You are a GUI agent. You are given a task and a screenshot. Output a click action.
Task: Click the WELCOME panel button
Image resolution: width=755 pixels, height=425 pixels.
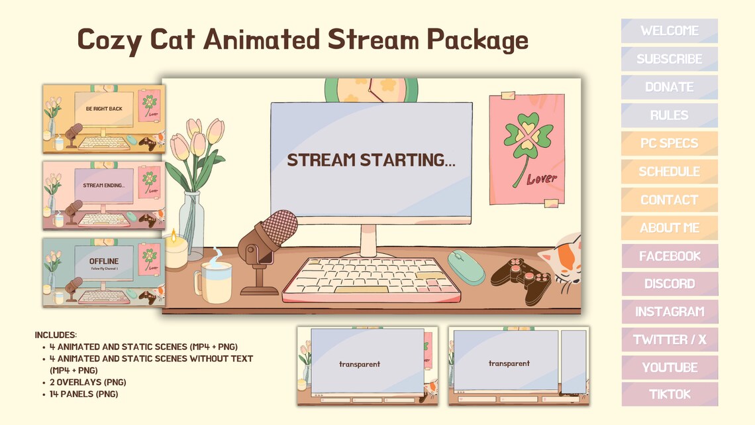tap(669, 31)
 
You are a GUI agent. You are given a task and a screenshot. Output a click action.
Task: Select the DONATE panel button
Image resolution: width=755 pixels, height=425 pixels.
tap(669, 87)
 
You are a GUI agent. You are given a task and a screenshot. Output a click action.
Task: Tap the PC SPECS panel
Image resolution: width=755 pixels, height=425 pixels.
tap(669, 143)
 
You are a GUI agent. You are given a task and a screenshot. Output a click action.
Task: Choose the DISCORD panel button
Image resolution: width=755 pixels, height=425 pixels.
tap(669, 284)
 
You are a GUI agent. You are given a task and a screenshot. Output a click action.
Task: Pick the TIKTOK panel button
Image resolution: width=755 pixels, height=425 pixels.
tap(669, 395)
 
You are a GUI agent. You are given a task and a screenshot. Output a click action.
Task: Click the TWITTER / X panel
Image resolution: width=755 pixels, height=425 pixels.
tap(669, 340)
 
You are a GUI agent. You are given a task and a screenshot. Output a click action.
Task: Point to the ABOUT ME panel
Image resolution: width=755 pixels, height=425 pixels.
tap(669, 228)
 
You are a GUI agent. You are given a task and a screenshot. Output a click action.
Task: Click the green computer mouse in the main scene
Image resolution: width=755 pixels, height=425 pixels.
tap(466, 267)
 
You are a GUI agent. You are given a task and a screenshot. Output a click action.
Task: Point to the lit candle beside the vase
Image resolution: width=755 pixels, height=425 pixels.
tap(176, 250)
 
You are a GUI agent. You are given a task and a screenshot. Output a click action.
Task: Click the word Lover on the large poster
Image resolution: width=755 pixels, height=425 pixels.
tap(542, 178)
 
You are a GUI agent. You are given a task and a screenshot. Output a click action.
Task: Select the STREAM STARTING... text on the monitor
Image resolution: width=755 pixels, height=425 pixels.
tap(371, 160)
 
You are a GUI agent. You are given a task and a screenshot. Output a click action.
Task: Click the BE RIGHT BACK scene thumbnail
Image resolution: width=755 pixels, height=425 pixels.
tap(104, 119)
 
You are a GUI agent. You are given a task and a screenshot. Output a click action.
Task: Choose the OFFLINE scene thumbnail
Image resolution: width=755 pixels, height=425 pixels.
tap(104, 272)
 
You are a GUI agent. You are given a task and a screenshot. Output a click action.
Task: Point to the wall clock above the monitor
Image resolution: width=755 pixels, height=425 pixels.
tap(371, 89)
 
